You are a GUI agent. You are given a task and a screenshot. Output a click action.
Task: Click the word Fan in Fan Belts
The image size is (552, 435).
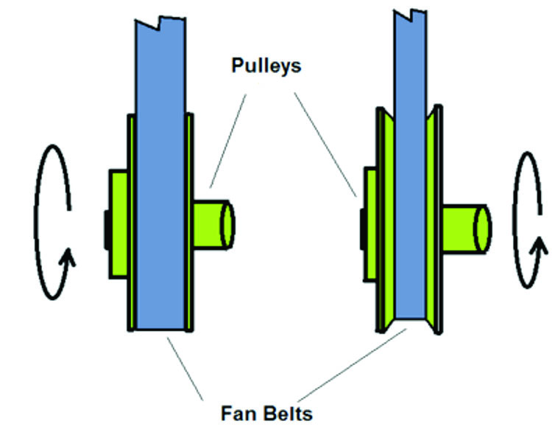point(240,411)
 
